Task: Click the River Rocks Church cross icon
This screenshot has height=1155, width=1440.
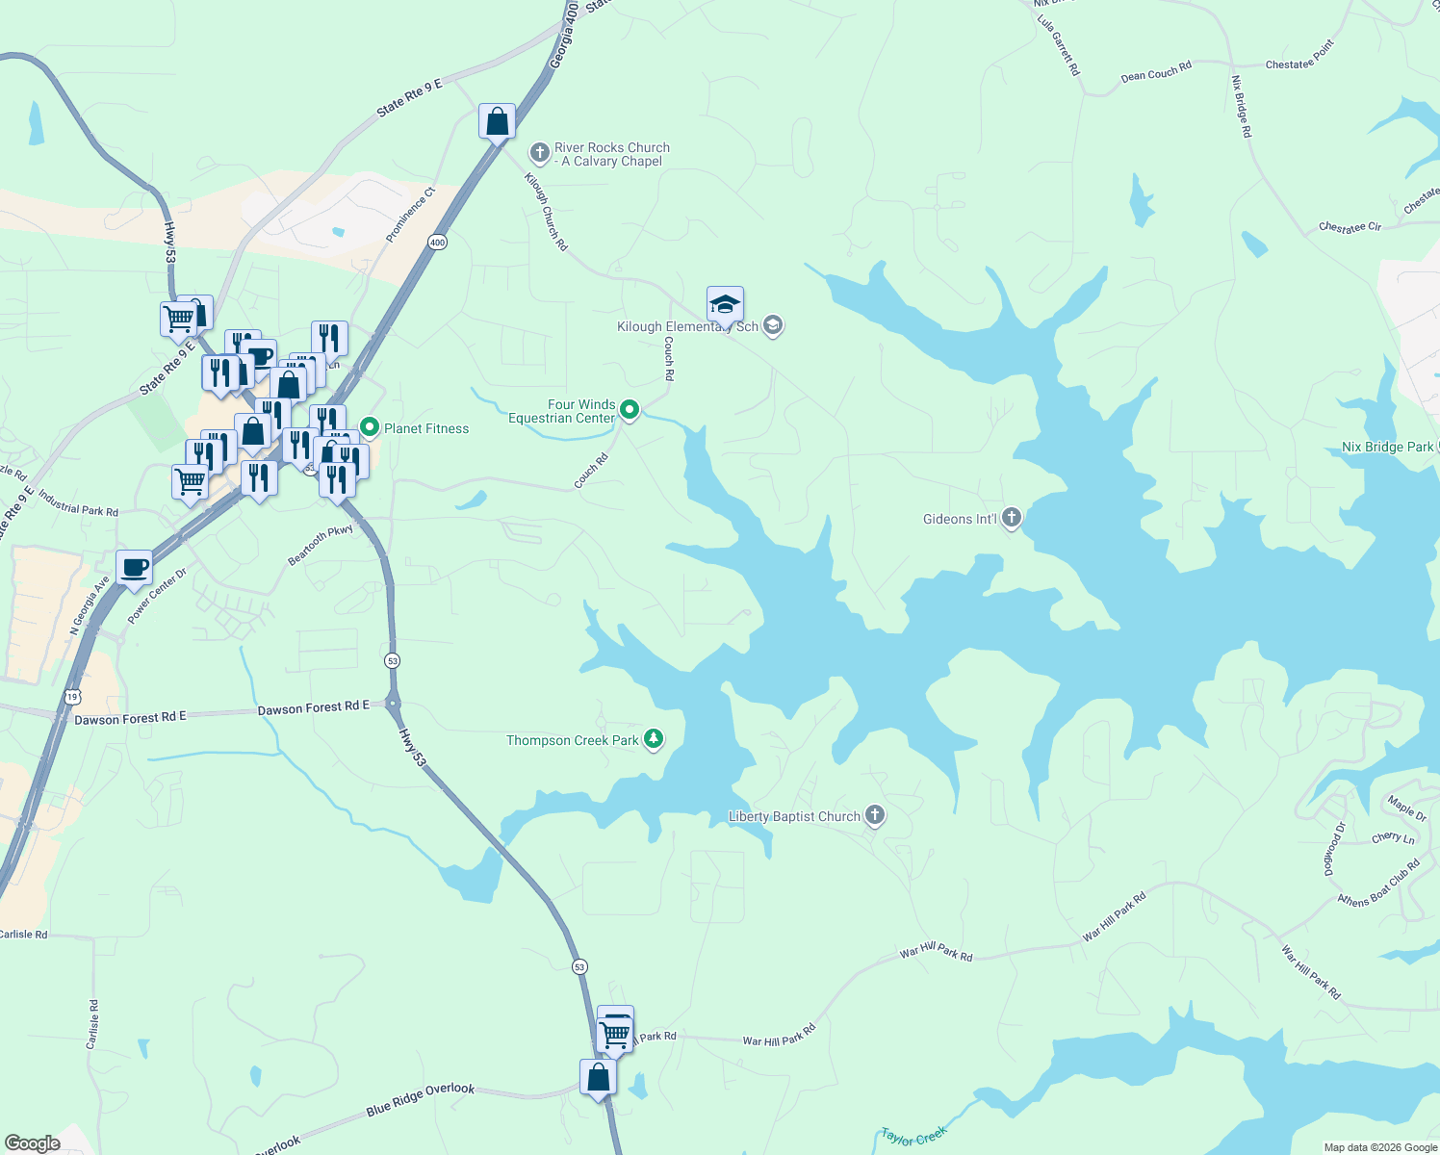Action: point(539,153)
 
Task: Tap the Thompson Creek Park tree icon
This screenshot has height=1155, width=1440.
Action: point(654,739)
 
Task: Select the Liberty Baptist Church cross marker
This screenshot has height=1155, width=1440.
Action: point(875,816)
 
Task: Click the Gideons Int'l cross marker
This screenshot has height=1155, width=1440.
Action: point(1011,518)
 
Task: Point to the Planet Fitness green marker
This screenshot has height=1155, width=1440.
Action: point(369,426)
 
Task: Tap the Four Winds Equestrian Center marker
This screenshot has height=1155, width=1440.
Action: point(630,411)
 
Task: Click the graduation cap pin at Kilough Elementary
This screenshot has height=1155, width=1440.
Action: point(725,305)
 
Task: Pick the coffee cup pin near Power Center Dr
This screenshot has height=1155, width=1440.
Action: point(135,567)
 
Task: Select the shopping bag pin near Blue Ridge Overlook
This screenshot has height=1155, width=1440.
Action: point(598,1077)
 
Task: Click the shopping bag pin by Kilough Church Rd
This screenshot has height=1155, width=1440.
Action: point(497,122)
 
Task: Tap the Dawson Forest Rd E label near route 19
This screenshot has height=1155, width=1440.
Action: point(130,718)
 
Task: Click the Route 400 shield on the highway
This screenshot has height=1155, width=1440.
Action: point(438,242)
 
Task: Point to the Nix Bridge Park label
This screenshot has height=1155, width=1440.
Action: point(1387,447)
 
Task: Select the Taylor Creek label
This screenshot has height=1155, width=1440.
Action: point(913,1137)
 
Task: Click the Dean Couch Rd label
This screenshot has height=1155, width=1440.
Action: point(1156,71)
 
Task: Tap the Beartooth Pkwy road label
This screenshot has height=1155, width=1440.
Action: point(321,545)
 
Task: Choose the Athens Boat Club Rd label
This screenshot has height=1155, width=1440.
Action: point(1379,884)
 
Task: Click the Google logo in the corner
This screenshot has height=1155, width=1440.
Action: point(33,1142)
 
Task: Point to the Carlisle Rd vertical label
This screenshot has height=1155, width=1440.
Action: point(92,1024)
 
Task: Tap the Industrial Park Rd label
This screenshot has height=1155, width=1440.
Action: point(79,507)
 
